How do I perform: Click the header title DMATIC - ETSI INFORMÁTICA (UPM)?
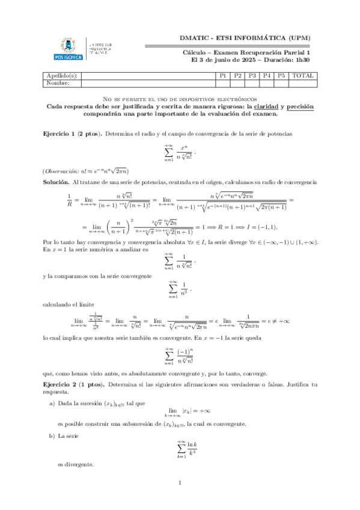coord(245,38)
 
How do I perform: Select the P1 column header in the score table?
coord(222,76)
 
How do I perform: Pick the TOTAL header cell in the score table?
coord(302,76)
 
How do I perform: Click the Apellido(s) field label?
coord(62,76)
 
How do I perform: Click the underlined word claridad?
coord(271,106)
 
